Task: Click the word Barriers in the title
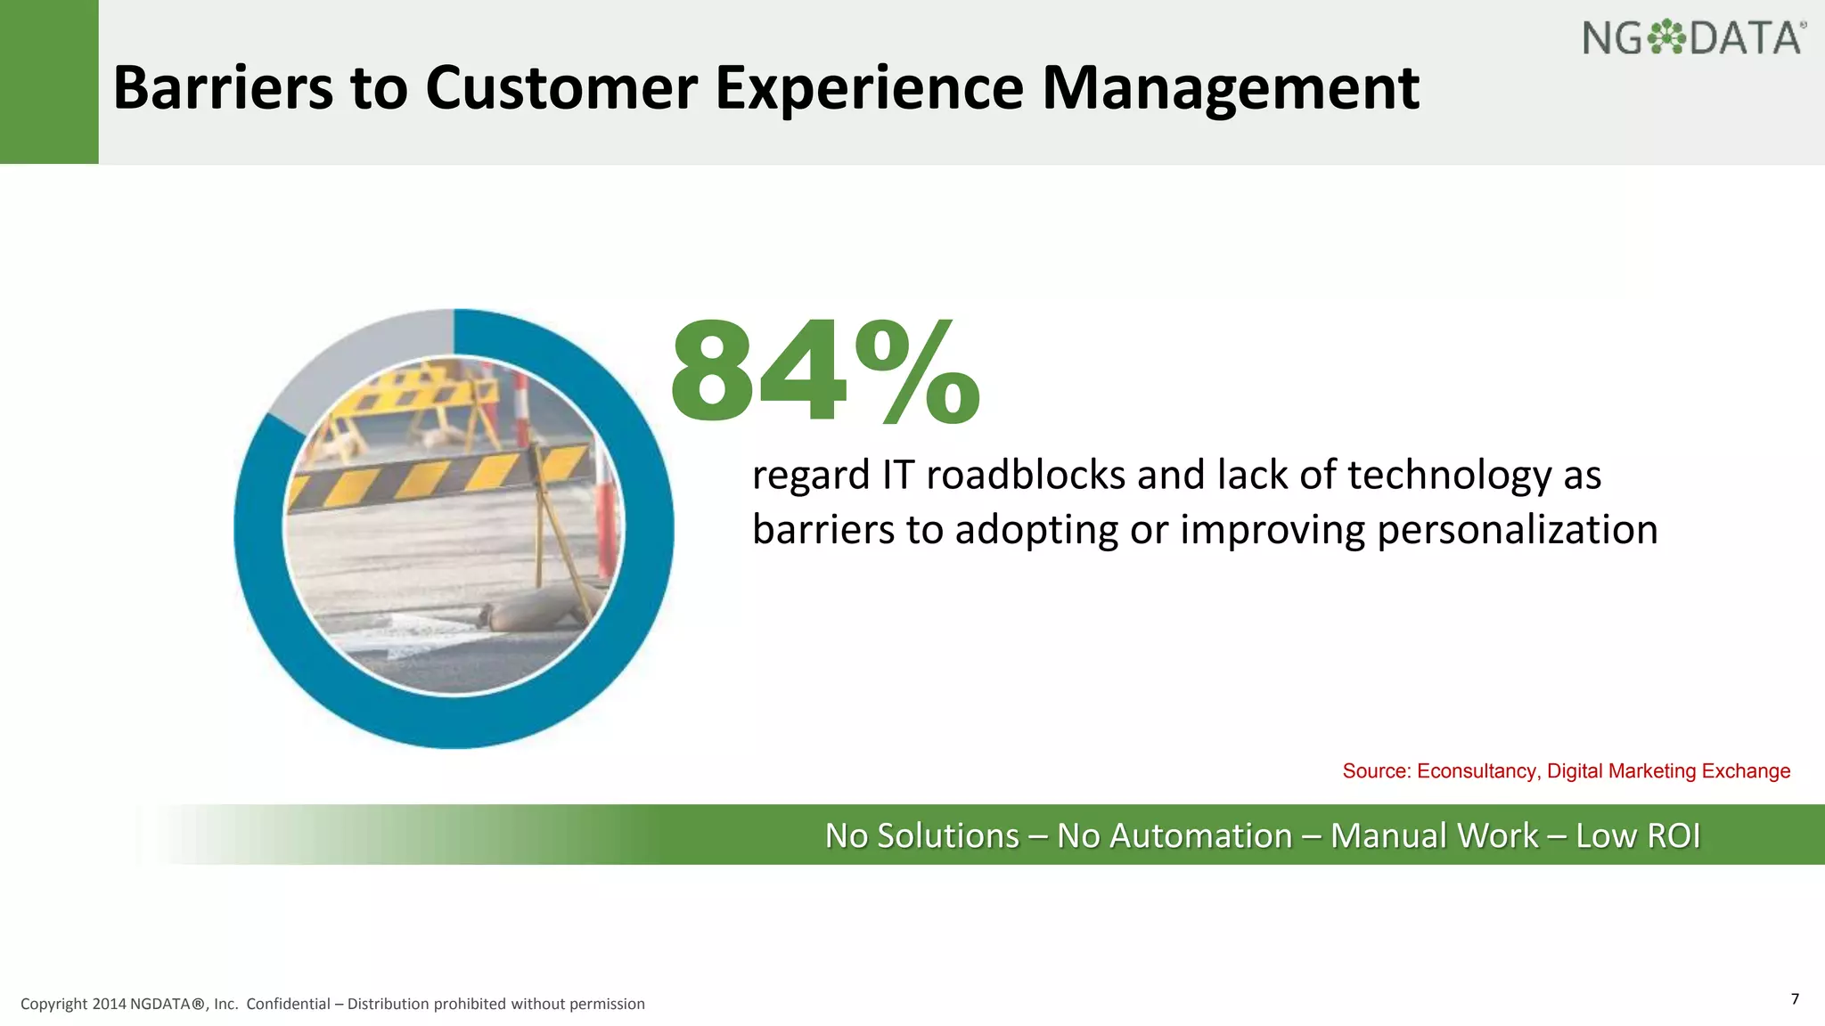pyautogui.click(x=221, y=89)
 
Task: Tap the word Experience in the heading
pyautogui.click(x=869, y=89)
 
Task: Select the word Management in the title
pyautogui.click(x=1230, y=89)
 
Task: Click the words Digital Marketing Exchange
pyautogui.click(x=1668, y=771)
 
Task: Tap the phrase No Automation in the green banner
pyautogui.click(x=1174, y=836)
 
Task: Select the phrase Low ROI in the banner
pyautogui.click(x=1638, y=836)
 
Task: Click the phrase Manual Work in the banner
pyautogui.click(x=1434, y=836)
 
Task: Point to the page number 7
pyautogui.click(x=1795, y=998)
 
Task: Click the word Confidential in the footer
pyautogui.click(x=288, y=1005)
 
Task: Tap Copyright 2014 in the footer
pyautogui.click(x=73, y=1005)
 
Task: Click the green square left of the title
pyautogui.click(x=49, y=82)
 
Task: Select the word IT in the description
pyautogui.click(x=898, y=475)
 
